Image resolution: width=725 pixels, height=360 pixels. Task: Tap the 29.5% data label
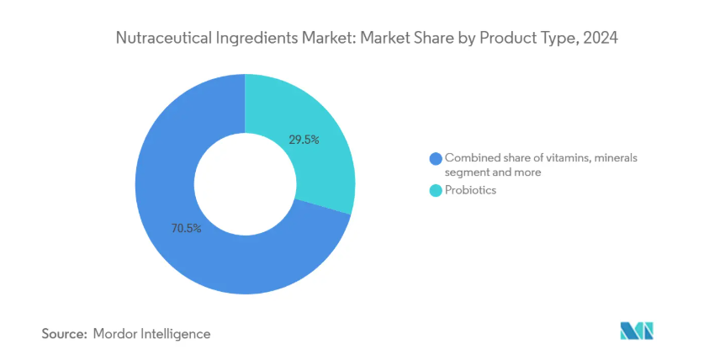tap(304, 140)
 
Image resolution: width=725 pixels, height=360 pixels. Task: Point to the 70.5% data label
tap(186, 228)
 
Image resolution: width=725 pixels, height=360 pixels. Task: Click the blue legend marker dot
tap(435, 158)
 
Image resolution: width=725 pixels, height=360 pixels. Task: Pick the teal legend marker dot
tap(435, 191)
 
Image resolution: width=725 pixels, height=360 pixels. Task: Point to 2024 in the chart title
tap(600, 39)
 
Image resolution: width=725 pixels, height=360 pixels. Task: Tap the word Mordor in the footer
tap(119, 334)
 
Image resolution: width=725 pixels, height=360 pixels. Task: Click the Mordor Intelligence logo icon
tap(637, 331)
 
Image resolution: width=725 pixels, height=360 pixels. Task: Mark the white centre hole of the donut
tap(244, 184)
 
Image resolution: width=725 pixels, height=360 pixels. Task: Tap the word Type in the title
tap(550, 39)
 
